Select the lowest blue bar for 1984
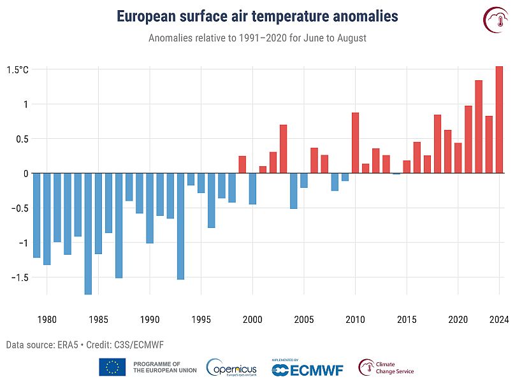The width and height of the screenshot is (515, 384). (x=88, y=234)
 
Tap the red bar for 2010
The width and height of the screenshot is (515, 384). (x=355, y=143)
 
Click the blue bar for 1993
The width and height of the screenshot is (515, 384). (x=180, y=226)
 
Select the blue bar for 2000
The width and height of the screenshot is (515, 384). (x=252, y=188)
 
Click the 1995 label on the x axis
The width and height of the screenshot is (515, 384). (x=201, y=318)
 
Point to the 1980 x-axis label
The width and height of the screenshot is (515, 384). (x=47, y=318)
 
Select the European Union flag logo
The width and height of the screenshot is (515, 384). (x=112, y=367)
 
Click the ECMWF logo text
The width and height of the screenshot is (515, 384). (x=304, y=370)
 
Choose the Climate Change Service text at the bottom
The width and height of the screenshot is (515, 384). (x=395, y=367)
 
